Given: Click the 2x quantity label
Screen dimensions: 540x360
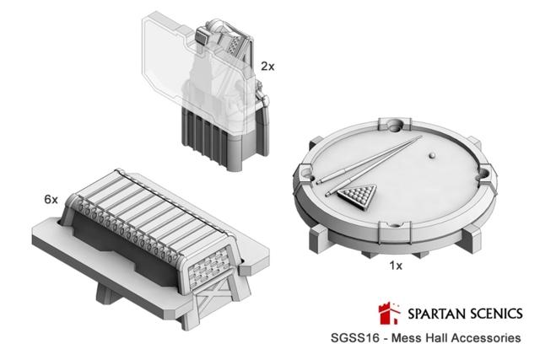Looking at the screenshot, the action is point(267,66).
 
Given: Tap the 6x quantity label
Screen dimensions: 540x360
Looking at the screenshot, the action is point(51,199).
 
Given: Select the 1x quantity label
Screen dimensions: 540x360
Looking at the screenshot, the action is point(396,266).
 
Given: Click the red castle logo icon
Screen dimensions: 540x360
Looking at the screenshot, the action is point(390,313).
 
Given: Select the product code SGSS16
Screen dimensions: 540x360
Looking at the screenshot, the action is point(354,337).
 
